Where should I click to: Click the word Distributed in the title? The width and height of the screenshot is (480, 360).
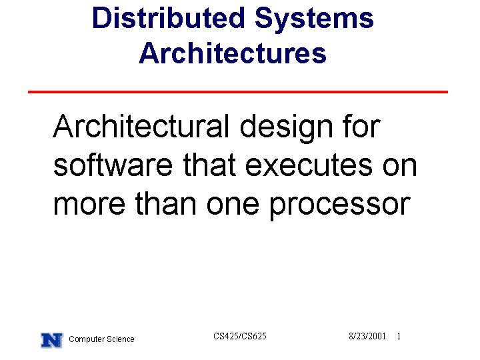pyautogui.click(x=169, y=18)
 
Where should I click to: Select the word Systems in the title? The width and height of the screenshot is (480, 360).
pyautogui.click(x=314, y=19)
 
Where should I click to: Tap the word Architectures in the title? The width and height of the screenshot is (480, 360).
pyautogui.click(x=233, y=53)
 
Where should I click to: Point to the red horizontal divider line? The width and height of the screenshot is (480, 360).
pyautogui.click(x=238, y=92)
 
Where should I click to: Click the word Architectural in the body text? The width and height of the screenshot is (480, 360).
pyautogui.click(x=141, y=126)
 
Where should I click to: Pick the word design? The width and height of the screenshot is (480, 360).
pyautogui.click(x=286, y=129)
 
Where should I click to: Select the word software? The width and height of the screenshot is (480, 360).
pyautogui.click(x=113, y=165)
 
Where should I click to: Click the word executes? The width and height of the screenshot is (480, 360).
pyautogui.click(x=309, y=166)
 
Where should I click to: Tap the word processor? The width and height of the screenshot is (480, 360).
pyautogui.click(x=339, y=206)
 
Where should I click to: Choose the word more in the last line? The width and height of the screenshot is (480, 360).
pyautogui.click(x=89, y=205)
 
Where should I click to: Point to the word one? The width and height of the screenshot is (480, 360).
pyautogui.click(x=233, y=205)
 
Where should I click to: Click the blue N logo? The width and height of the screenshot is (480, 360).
pyautogui.click(x=52, y=340)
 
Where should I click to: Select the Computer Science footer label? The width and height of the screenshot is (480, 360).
pyautogui.click(x=101, y=339)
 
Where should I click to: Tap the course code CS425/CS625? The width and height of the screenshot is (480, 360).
pyautogui.click(x=240, y=336)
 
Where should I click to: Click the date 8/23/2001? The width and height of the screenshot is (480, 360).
pyautogui.click(x=367, y=336)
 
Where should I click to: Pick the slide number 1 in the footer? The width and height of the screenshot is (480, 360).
pyautogui.click(x=399, y=336)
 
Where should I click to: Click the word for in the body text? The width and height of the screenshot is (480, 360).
pyautogui.click(x=362, y=126)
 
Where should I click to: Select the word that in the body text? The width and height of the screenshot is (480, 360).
pyautogui.click(x=210, y=165)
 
